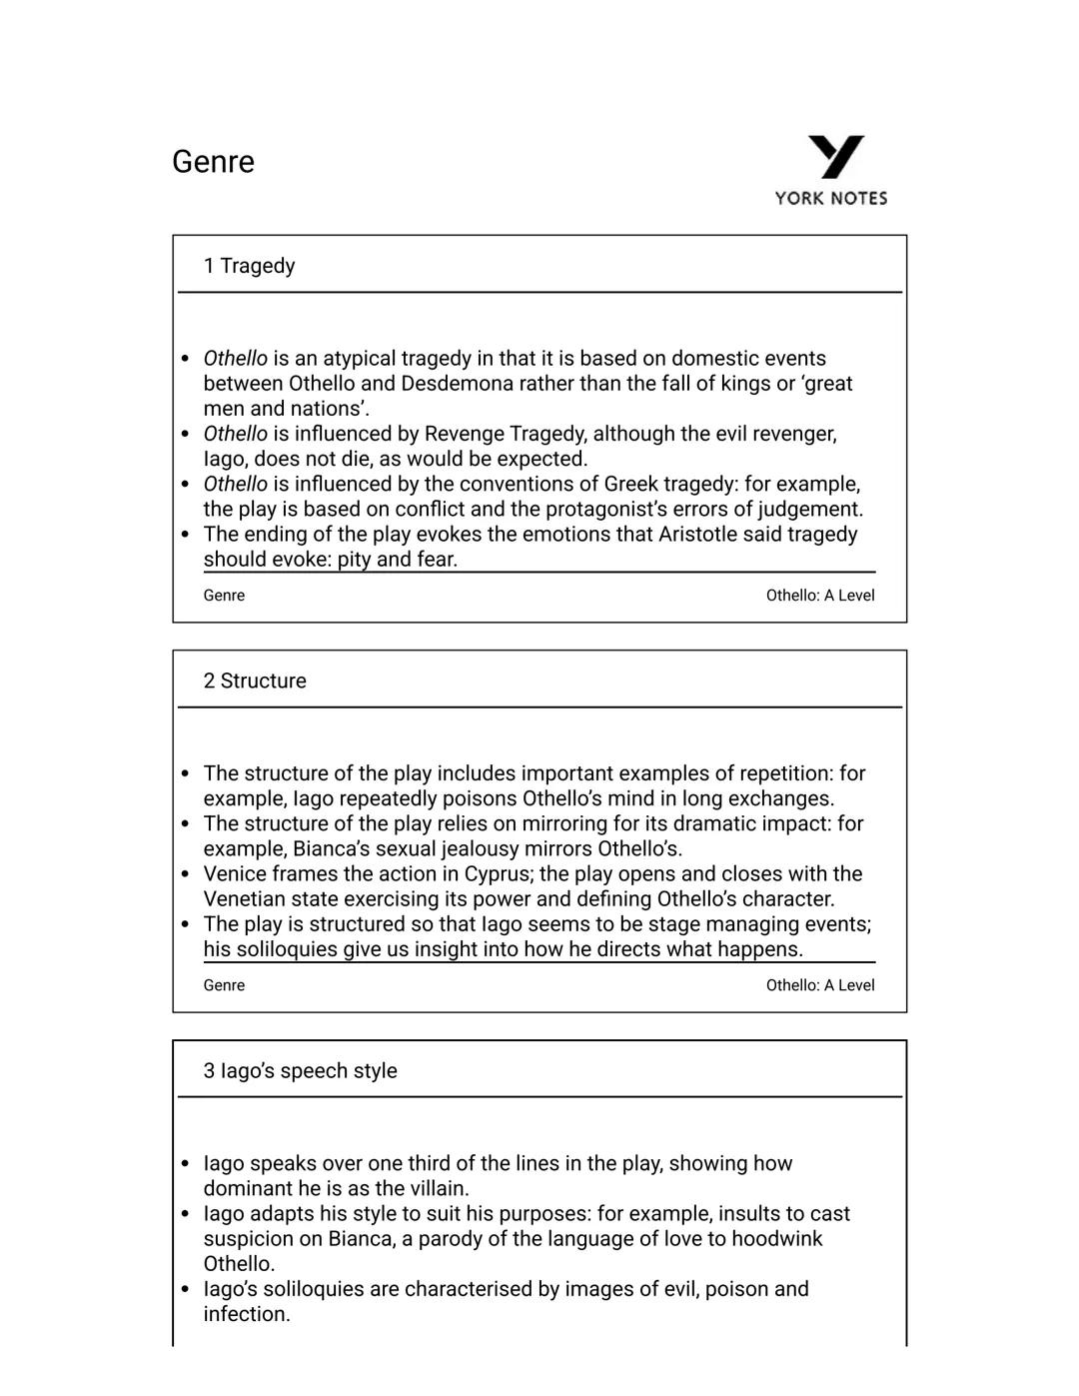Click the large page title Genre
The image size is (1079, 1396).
pos(213,162)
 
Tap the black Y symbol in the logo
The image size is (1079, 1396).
pos(835,157)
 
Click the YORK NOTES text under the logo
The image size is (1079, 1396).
pos(830,198)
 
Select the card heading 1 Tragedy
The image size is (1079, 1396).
pos(249,266)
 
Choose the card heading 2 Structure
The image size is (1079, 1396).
pos(255,681)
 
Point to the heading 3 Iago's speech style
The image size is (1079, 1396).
pos(300,1070)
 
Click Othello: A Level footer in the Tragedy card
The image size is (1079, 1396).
pos(819,596)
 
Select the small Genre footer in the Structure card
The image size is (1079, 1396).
pos(224,985)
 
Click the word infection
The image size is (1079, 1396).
pos(246,1314)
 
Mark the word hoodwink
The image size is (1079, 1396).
pos(776,1239)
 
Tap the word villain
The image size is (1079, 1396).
pos(432,1189)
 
